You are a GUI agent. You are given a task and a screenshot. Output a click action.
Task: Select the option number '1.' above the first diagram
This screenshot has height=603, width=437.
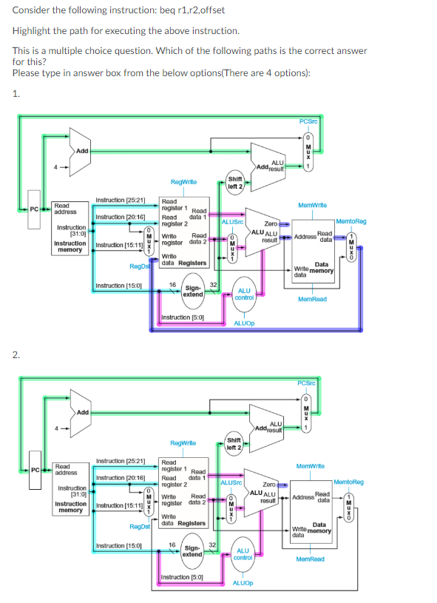pyautogui.click(x=16, y=92)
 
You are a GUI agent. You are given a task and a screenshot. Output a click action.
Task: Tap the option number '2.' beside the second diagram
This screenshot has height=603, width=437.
pyautogui.click(x=16, y=354)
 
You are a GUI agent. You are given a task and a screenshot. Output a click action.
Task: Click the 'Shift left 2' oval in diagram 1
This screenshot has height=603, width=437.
pyautogui.click(x=235, y=182)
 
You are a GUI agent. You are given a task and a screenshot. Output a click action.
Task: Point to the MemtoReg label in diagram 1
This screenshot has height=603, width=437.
pyautogui.click(x=350, y=221)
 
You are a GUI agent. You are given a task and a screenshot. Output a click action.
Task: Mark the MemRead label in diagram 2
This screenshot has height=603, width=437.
pyautogui.click(x=311, y=559)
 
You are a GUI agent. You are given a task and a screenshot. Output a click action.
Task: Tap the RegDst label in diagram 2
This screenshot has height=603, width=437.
pyautogui.click(x=139, y=527)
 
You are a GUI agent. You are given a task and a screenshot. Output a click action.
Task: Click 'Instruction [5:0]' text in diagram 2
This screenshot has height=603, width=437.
pyautogui.click(x=180, y=576)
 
